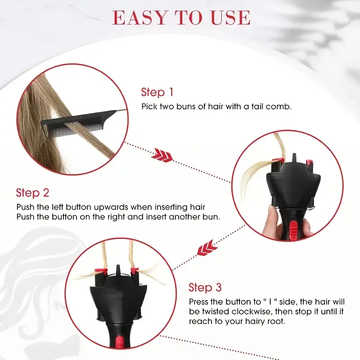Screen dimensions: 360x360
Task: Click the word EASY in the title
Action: (x=139, y=18)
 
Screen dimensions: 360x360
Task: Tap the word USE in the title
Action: (x=230, y=18)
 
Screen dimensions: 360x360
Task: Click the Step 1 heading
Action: (x=157, y=92)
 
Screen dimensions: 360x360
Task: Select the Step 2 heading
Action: (x=32, y=193)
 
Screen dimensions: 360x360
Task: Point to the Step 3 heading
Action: (x=205, y=288)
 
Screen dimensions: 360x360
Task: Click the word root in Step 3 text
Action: (x=276, y=321)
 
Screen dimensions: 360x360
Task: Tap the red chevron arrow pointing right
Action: (x=162, y=155)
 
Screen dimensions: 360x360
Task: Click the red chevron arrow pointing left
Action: (x=207, y=248)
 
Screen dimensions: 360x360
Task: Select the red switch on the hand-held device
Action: (x=293, y=229)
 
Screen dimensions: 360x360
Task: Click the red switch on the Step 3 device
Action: (x=119, y=342)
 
